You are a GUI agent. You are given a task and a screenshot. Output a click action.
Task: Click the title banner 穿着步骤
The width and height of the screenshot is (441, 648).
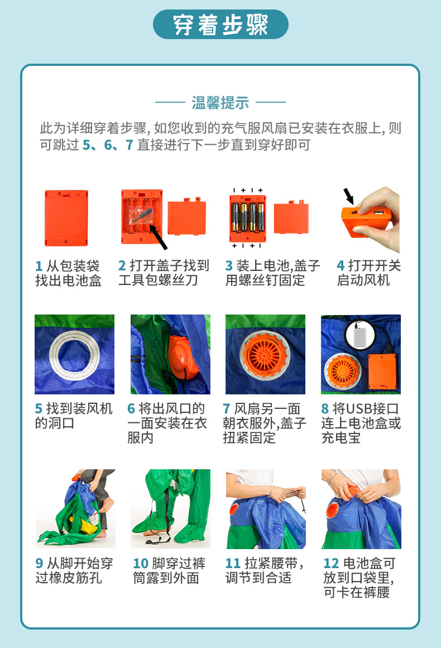click(220, 25)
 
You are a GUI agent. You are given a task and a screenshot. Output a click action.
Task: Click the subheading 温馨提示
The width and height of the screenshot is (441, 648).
click(220, 103)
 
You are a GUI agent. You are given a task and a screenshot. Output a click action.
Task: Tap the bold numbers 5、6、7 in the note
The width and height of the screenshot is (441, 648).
click(107, 145)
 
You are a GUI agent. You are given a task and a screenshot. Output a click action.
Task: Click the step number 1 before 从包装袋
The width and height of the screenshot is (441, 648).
click(39, 266)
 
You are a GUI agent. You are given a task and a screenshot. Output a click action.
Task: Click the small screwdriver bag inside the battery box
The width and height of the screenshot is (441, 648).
click(136, 214)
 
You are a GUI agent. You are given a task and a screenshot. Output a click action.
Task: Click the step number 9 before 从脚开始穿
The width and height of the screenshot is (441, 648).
click(39, 563)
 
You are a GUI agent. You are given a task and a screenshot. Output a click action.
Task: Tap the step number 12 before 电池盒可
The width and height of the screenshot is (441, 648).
click(331, 563)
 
